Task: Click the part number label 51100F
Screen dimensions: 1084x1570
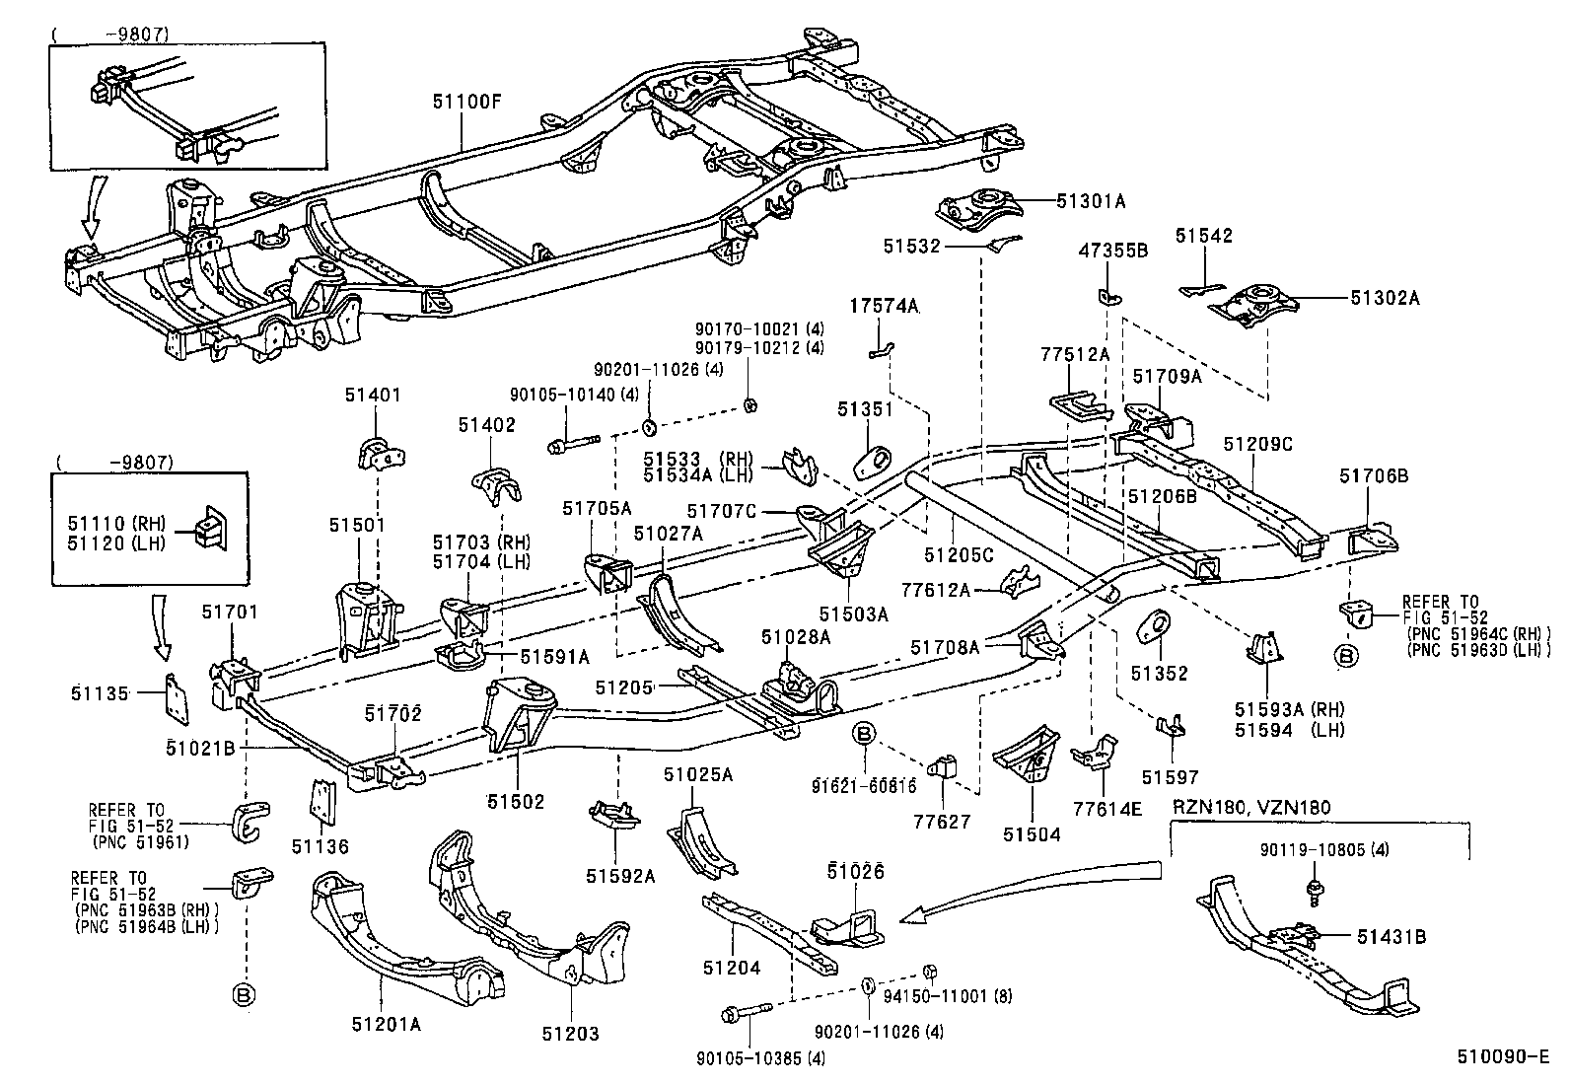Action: [x=466, y=100]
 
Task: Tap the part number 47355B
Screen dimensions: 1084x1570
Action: [x=1111, y=251]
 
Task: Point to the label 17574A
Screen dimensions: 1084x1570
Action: [x=885, y=307]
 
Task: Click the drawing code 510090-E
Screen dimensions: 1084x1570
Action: [x=1504, y=1056]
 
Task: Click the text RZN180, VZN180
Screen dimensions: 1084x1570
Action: [x=1250, y=808]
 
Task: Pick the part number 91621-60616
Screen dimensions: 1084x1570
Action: [x=864, y=786]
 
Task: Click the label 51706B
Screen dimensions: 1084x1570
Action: [x=1374, y=476]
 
